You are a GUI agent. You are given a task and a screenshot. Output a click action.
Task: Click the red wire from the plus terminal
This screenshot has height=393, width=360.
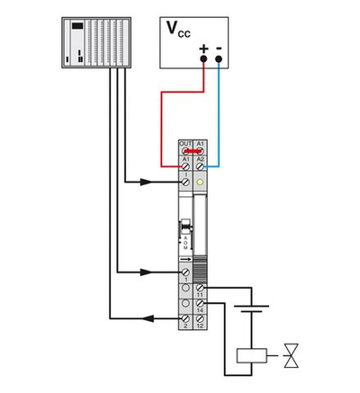(163, 117)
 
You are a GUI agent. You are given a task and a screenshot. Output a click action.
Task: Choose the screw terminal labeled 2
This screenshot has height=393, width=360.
(185, 319)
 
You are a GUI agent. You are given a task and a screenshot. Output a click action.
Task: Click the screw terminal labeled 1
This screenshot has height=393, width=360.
(185, 271)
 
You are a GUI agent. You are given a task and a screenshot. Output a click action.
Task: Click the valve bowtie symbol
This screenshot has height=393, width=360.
(292, 355)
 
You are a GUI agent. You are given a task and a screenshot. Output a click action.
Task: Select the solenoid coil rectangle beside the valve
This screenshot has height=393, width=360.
(251, 355)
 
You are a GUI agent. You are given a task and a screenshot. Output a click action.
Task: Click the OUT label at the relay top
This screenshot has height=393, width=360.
(185, 143)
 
